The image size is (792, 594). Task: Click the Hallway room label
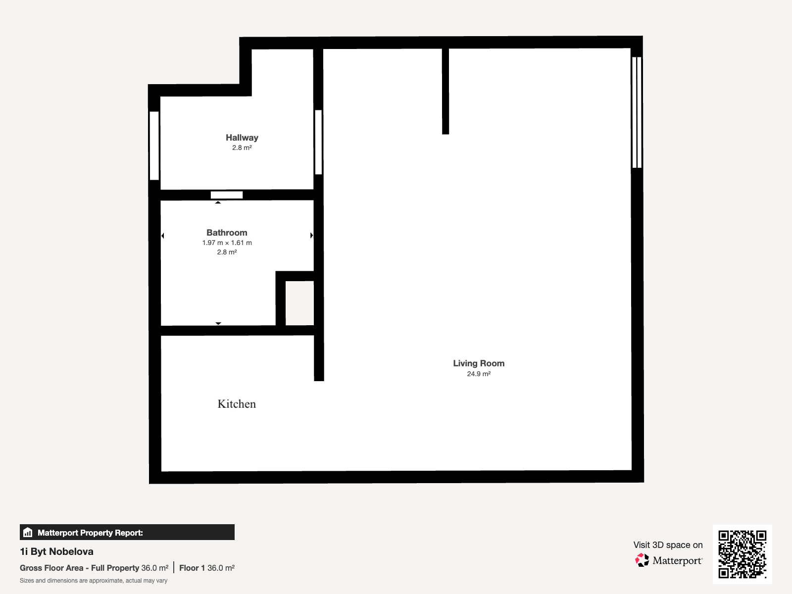[x=242, y=138]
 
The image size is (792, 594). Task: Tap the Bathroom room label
[x=227, y=233]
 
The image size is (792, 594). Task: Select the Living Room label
[x=479, y=363]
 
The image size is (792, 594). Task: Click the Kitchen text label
[x=237, y=404]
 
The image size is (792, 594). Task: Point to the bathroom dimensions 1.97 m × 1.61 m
[x=227, y=243]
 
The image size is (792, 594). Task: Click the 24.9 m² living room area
[x=479, y=374]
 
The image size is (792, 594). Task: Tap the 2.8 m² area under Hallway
[x=242, y=148]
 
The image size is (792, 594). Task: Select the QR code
[x=742, y=554]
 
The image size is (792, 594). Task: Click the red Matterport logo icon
[x=642, y=560]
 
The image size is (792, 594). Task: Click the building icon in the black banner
[x=28, y=532]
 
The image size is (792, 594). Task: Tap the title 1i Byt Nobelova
[x=56, y=551]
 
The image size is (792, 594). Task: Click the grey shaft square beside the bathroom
[x=299, y=303]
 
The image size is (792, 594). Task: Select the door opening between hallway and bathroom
[x=227, y=195]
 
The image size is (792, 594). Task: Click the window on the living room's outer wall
[x=637, y=112]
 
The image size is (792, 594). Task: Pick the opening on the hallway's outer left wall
[x=154, y=146]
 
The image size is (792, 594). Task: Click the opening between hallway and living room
[x=318, y=142]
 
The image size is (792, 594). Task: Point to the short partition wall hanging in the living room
[x=445, y=91]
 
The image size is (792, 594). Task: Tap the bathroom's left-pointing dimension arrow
[x=163, y=236]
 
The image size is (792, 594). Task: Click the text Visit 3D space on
[x=668, y=545]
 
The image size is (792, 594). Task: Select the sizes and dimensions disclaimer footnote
[x=94, y=581]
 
